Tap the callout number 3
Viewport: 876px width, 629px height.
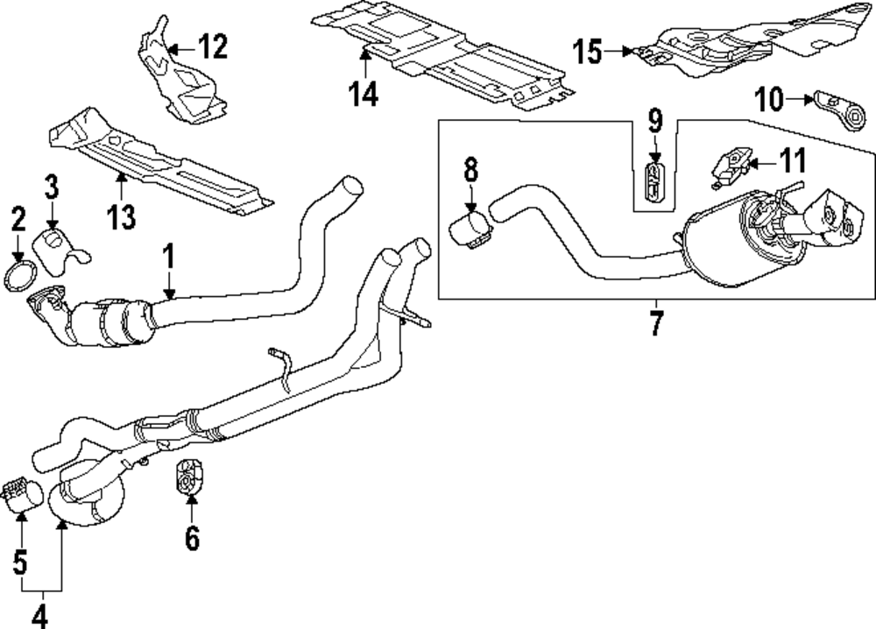point(52,187)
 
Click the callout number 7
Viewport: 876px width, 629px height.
point(655,322)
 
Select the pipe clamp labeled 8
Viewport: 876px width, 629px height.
point(471,230)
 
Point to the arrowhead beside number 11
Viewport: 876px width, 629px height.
point(752,162)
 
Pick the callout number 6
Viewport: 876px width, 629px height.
point(192,538)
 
